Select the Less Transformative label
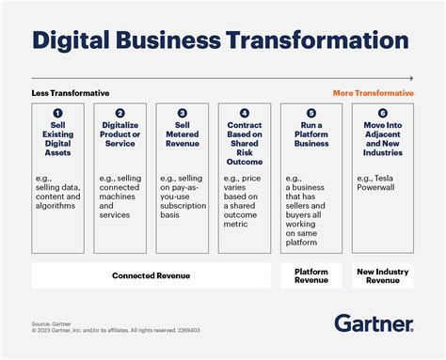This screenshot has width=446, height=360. pyautogui.click(x=71, y=93)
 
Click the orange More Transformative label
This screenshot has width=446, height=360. pyautogui.click(x=373, y=93)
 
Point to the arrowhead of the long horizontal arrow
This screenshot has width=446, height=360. pyautogui.click(x=410, y=77)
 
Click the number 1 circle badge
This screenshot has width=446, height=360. pyautogui.click(x=56, y=113)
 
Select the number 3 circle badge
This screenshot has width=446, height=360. pyautogui.click(x=183, y=113)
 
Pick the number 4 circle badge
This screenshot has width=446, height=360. pyautogui.click(x=245, y=113)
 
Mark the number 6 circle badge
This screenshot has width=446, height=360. pyautogui.click(x=382, y=113)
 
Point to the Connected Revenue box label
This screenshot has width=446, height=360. pyautogui.click(x=151, y=276)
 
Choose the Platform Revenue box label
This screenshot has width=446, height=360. pyautogui.click(x=311, y=276)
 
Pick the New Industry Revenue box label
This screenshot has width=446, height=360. pyautogui.click(x=382, y=276)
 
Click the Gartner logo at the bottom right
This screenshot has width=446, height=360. pyautogui.click(x=373, y=323)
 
